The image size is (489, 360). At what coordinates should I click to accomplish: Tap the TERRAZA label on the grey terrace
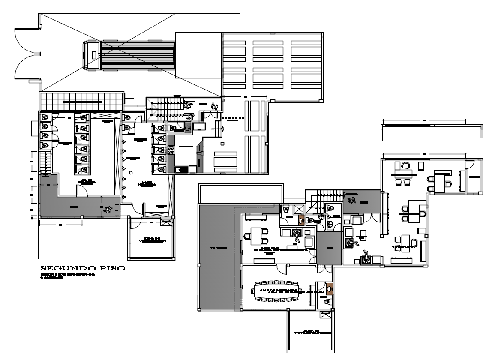(x=216, y=248)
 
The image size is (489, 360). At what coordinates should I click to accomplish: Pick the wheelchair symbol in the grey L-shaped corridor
(x=108, y=209)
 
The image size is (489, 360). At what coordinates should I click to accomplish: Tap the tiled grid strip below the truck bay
(x=81, y=102)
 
